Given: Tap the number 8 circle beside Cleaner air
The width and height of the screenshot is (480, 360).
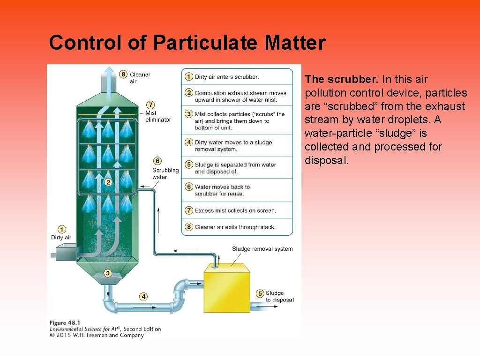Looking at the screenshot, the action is tap(123, 74).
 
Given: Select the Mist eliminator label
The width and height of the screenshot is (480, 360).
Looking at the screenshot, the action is tap(158, 116).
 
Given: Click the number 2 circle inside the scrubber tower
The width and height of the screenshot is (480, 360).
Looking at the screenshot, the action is tap(108, 182).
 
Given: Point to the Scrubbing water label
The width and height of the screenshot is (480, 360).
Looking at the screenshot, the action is tap(165, 173).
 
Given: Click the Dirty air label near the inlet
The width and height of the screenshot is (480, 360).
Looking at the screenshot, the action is tap(61, 238).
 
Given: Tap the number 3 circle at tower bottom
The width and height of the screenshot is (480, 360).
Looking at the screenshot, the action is tap(108, 273).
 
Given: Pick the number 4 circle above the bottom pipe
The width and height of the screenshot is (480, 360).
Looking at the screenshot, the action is tap(143, 296).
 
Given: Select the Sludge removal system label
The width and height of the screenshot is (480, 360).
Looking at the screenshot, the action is tap(262, 249).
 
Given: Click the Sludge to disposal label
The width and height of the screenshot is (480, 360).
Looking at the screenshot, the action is tap(279, 297).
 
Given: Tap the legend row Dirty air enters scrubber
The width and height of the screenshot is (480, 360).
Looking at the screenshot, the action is tap(226, 76).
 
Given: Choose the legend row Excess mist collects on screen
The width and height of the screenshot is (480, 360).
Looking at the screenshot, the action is tap(235, 210).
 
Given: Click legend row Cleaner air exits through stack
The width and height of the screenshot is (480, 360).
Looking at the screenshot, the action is tap(235, 227).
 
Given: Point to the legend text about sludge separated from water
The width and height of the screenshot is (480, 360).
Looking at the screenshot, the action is tap(235, 168).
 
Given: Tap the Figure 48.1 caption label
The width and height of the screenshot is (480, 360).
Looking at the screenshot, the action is tap(65, 322).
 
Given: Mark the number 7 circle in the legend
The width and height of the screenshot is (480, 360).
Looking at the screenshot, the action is tap(189, 210).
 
